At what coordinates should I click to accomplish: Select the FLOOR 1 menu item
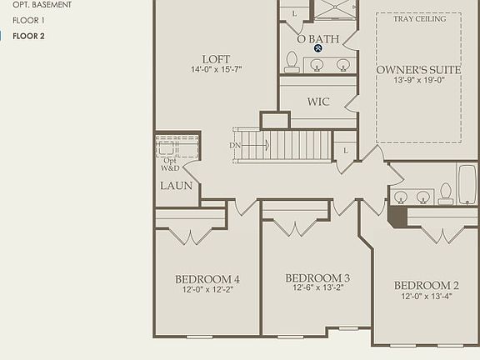coord(30,19)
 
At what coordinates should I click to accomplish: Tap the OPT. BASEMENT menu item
coord(42,4)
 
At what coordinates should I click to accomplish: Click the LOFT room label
coord(216,59)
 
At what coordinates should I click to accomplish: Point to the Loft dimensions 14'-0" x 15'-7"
coord(216,70)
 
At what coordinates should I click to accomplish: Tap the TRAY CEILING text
coord(419,18)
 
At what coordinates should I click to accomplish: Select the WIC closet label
coord(318,102)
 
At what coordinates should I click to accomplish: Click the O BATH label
coord(317,38)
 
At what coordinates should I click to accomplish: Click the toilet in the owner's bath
coord(292,61)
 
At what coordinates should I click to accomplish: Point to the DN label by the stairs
coord(235,146)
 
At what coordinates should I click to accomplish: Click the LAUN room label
coord(176,186)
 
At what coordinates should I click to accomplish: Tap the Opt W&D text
coord(170,163)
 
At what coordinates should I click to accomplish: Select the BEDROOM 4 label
coord(207,279)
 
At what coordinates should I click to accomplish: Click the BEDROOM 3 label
coord(317,277)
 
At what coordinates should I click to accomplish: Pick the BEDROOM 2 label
coord(427,285)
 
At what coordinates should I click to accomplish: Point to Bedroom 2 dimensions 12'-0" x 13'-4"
coord(427,296)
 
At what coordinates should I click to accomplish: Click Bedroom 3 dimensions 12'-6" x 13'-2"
coord(317,288)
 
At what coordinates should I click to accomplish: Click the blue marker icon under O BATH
coord(318,48)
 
